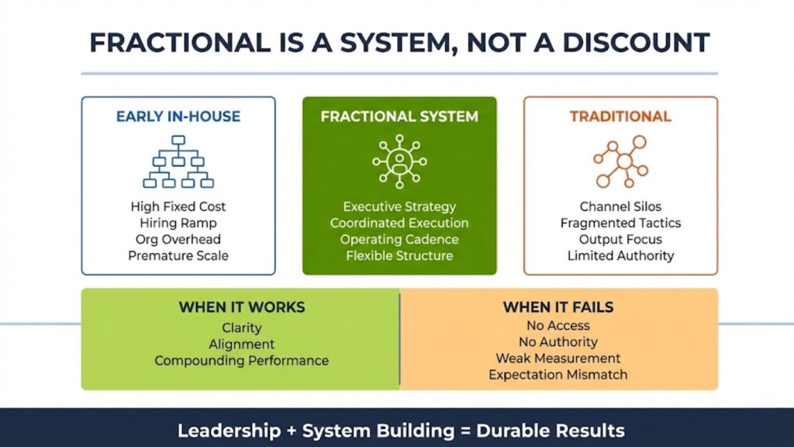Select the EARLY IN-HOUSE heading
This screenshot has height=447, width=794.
coord(178,117)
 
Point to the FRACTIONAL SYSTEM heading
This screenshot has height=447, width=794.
coord(399,117)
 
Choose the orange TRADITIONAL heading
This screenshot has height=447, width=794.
coord(620,117)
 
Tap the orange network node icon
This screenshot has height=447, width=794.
coord(620,161)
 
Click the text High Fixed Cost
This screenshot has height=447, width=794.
coord(178,207)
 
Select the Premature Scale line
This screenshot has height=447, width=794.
coord(178,255)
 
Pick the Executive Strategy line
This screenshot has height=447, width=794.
coord(399,207)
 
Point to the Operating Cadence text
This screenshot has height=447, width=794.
coord(399,239)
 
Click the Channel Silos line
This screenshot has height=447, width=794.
coord(620,207)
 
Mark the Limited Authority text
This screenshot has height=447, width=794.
coord(620,255)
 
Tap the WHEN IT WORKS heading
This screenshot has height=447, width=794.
coord(240,307)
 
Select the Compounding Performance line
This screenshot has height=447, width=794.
coord(241,361)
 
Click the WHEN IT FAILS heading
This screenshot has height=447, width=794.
coord(558,307)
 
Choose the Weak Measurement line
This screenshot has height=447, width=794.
coord(558,359)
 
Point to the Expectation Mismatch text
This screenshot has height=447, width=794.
coord(558,375)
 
